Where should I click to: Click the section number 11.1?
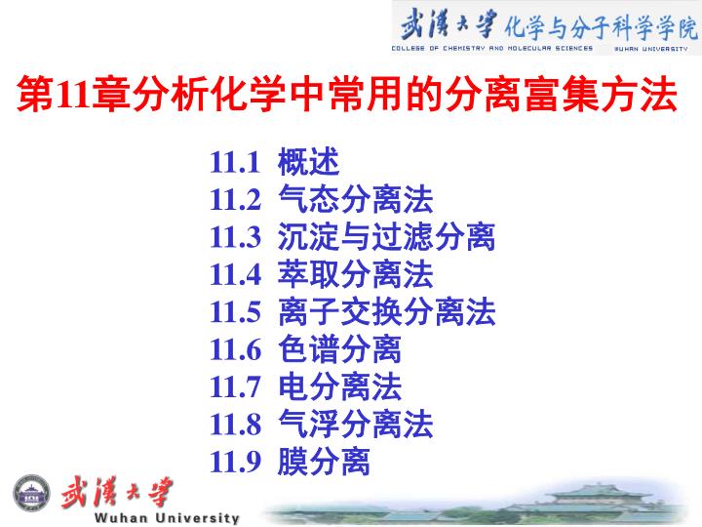click(x=235, y=162)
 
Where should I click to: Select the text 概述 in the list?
click(x=308, y=162)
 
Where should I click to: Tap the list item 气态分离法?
click(x=356, y=199)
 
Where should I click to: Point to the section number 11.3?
click(x=236, y=237)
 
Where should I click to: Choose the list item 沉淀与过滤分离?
click(x=387, y=236)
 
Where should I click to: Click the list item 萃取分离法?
click(x=356, y=274)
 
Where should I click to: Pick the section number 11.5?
click(x=236, y=312)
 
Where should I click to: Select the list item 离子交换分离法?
click(x=387, y=311)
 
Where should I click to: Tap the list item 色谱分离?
click(x=340, y=349)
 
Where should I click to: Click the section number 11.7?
click(x=236, y=386)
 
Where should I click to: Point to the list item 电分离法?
click(x=340, y=386)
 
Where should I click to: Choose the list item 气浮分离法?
click(x=356, y=424)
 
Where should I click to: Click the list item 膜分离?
click(x=324, y=461)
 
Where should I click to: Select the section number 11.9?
click(x=236, y=462)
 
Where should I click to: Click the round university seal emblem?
click(x=31, y=493)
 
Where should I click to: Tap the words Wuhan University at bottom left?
click(x=167, y=518)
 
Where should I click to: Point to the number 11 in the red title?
click(x=74, y=95)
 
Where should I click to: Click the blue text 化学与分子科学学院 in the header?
click(x=601, y=27)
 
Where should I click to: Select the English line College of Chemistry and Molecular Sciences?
click(x=492, y=48)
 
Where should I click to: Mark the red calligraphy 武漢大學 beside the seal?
click(x=117, y=492)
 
